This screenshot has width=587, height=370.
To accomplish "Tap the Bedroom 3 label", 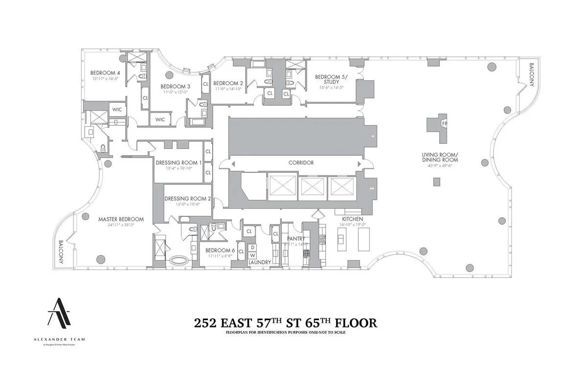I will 176,86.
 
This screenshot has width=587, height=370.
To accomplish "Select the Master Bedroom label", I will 121,219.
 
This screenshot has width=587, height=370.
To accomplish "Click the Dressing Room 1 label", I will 178,162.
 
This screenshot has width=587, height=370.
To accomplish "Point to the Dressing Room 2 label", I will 187,199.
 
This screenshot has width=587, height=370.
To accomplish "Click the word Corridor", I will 300,162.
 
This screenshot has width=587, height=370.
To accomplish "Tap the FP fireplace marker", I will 444,124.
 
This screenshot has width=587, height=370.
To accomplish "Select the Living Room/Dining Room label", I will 440,157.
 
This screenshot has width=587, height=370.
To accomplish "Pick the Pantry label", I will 295,239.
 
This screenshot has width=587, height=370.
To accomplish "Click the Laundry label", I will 259,262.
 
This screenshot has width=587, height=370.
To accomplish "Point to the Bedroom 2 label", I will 228,83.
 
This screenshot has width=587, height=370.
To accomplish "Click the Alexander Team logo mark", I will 58,312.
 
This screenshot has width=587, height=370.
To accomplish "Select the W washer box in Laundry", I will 252,255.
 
